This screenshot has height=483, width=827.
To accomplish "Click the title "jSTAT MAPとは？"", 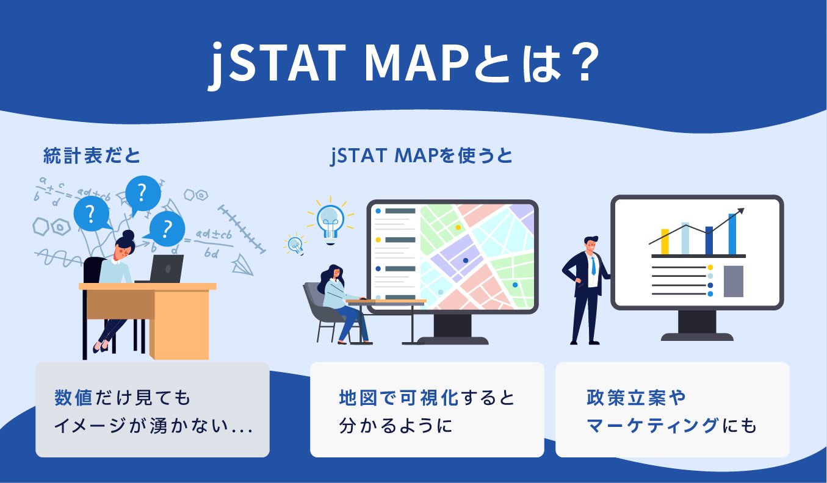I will coord(403,63).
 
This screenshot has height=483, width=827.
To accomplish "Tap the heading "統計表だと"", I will coord(92,156).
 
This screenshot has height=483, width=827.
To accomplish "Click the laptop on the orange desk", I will coord(167,268).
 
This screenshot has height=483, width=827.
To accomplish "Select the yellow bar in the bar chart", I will coord(665,241).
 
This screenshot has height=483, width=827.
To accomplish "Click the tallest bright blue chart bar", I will coord(732,234).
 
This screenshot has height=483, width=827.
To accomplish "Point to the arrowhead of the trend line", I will coord(741,210).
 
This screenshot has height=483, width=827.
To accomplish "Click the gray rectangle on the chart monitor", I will coord(733,281).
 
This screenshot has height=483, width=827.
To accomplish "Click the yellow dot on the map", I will coord(458,227).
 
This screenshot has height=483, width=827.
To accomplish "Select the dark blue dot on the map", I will coord(466,260).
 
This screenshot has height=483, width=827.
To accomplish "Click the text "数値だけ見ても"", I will coord(123,398).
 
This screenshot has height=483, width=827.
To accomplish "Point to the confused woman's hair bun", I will coord(128,234).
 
